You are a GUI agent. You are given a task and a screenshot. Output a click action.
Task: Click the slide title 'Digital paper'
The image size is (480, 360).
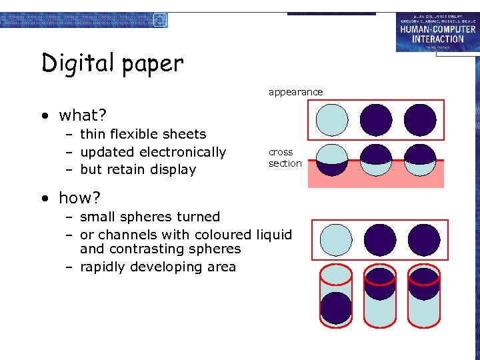112,63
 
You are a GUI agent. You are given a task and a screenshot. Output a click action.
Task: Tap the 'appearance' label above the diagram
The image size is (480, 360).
295,92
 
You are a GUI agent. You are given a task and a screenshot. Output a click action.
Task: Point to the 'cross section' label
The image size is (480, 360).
285,157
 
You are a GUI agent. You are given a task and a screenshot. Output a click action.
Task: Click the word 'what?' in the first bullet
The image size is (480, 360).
83,115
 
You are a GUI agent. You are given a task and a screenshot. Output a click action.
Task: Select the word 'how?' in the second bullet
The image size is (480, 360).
79,198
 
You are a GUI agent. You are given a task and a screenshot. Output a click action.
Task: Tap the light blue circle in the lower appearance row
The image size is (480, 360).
335,239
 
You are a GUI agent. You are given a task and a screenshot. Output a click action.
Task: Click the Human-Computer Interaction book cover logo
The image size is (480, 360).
437,32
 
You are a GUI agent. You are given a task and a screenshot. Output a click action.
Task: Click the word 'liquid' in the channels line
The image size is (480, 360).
273,235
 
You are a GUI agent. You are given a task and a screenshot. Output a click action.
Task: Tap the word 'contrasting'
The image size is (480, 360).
143,249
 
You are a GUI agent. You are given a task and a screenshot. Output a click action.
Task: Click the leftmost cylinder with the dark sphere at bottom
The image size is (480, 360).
335,297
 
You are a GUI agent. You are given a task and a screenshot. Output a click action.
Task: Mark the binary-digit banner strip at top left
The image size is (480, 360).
83,21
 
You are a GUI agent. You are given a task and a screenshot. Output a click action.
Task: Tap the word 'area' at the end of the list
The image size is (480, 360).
221,267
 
